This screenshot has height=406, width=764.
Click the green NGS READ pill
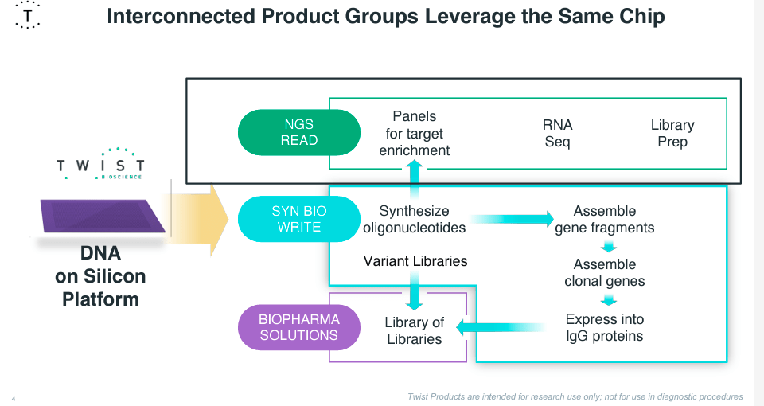[299, 132]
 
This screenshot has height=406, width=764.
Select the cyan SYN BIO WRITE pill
[299, 219]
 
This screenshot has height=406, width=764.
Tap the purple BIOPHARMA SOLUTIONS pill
[299, 327]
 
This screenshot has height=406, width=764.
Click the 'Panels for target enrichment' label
[414, 134]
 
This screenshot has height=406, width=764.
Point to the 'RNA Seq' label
[558, 134]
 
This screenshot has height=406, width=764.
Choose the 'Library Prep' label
[672, 134]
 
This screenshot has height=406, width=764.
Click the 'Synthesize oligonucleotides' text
[414, 220]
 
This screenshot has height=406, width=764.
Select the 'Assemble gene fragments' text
[605, 220]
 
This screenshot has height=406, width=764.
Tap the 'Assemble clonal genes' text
[605, 272]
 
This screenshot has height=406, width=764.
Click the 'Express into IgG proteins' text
[605, 327]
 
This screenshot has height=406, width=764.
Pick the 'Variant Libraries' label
[415, 261]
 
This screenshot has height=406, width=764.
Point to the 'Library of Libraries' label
[414, 330]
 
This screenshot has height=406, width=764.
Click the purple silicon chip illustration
[102, 217]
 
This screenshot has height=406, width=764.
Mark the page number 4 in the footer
[14, 397]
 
